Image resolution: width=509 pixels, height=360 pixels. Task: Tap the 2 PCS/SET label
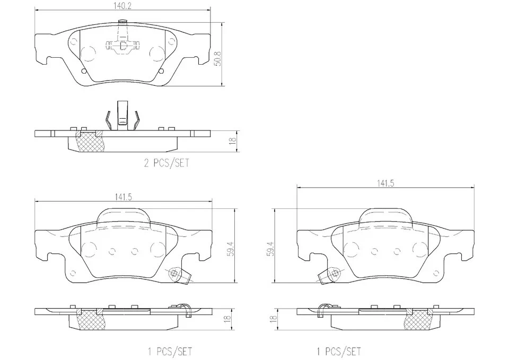(166, 164)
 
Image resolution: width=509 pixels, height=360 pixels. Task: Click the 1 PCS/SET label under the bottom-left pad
(169, 351)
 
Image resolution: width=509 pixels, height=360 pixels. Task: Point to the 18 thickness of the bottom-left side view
(227, 319)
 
